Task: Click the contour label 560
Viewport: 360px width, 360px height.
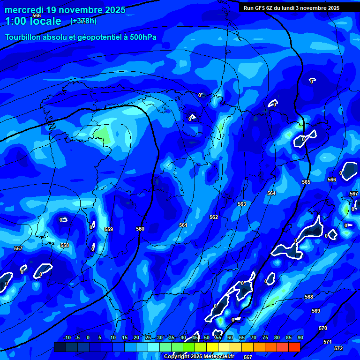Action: (140, 229)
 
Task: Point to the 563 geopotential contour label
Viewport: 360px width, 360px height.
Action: (242, 204)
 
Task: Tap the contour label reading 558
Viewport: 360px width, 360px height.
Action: (65, 245)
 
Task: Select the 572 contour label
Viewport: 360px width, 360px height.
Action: (338, 348)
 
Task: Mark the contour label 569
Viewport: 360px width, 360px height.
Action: (316, 311)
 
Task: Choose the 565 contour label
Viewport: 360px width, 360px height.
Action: (306, 182)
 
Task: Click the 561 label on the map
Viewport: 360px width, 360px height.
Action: (183, 225)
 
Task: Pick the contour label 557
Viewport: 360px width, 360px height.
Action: (18, 248)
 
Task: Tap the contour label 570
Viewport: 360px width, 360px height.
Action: (323, 328)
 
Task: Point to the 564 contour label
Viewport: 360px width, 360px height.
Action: (271, 193)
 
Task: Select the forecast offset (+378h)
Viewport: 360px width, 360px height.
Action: (83, 21)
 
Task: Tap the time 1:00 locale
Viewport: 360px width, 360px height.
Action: (33, 21)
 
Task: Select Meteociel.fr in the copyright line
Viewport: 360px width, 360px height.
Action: (217, 356)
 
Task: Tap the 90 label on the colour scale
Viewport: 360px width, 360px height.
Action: (300, 337)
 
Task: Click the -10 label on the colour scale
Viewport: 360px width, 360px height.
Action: (67, 337)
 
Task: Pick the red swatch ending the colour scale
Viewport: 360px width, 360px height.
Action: (294, 347)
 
